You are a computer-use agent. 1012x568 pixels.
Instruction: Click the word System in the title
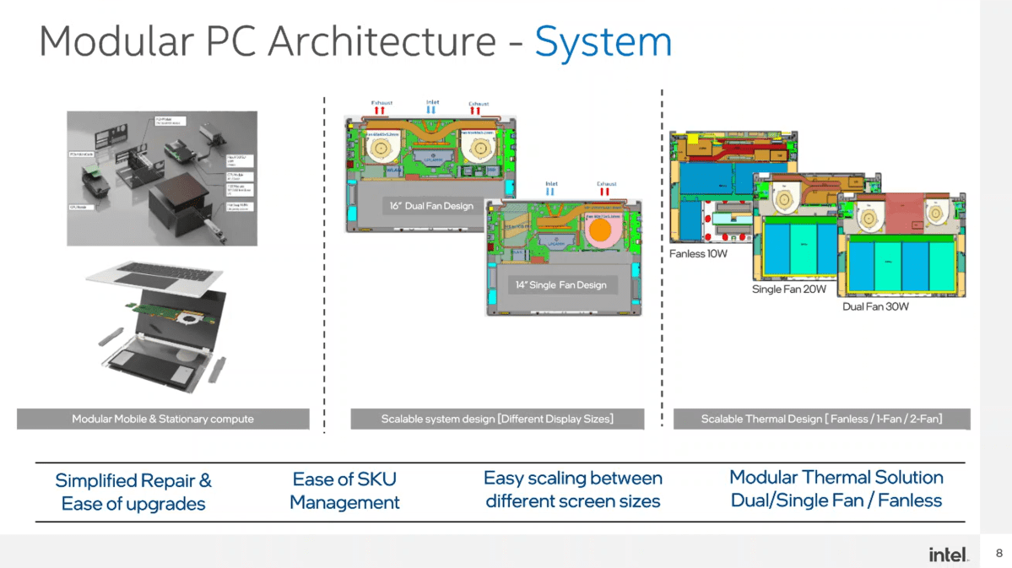603,42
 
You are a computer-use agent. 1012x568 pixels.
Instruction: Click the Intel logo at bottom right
948,554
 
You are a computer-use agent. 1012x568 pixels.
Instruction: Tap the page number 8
999,554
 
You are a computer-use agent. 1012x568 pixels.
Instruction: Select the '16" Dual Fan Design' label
431,206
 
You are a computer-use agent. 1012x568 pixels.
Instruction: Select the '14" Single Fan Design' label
560,285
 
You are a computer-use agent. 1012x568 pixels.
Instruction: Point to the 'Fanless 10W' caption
698,254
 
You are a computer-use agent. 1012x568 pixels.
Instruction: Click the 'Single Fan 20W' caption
788,289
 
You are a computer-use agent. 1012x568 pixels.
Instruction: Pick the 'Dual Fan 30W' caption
875,307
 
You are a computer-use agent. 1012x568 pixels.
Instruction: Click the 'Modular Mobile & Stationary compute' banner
163,419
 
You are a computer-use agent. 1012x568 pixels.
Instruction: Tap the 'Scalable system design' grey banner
497,419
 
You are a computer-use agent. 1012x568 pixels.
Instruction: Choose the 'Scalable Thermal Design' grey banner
821,419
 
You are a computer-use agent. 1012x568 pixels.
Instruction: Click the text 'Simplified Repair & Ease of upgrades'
133,492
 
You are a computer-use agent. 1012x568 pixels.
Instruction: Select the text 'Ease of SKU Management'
344,491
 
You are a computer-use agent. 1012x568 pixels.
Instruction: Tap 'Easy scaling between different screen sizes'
572,490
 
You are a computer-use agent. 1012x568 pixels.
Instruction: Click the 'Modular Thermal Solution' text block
836,489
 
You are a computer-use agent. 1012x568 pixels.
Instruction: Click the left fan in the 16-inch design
381,149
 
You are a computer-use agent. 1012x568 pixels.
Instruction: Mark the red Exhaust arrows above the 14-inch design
604,192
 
